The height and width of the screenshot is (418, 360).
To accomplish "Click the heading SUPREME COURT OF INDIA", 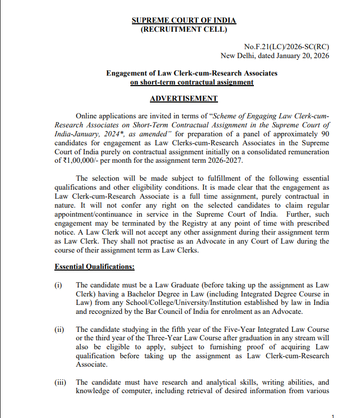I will coord(184,21).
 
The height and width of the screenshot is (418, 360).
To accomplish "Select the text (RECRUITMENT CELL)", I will coord(184,29).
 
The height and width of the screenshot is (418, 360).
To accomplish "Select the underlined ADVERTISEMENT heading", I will coord(184,99).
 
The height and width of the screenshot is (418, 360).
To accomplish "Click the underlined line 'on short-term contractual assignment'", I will coord(192,82).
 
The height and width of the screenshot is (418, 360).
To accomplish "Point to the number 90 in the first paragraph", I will coord(324,134).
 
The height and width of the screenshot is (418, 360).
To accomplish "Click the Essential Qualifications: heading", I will coord(94,267).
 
